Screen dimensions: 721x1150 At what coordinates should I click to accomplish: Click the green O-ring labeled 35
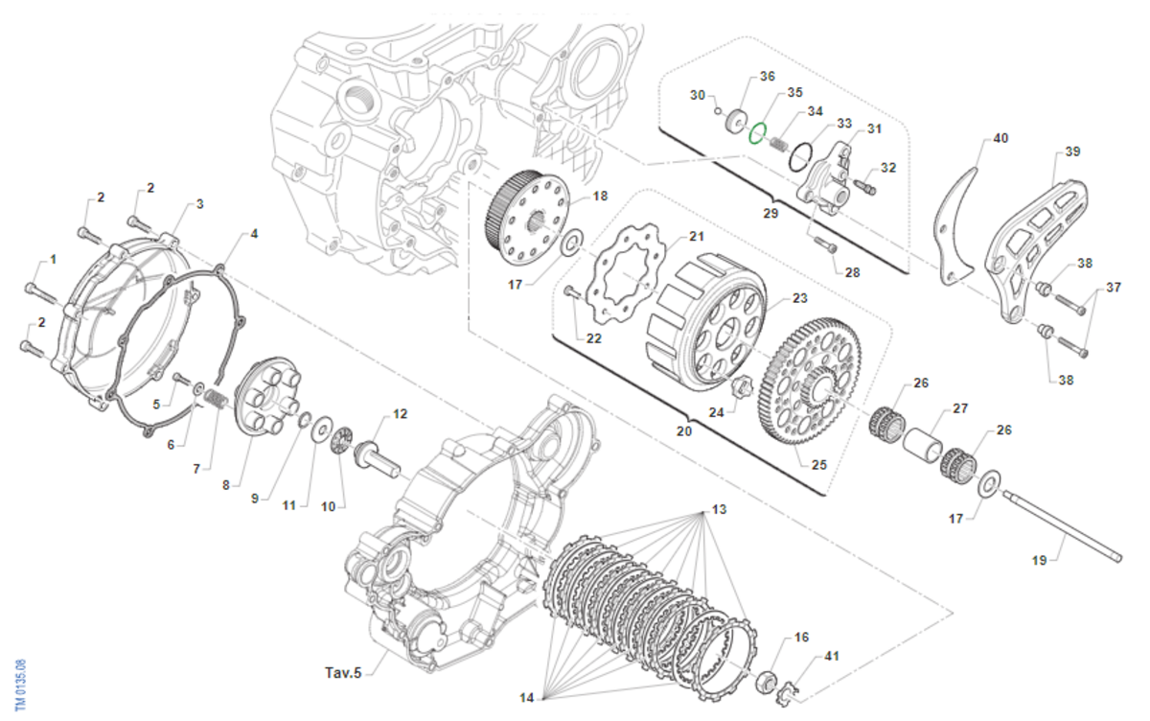(758, 133)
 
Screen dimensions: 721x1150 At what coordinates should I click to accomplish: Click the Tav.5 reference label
(343, 672)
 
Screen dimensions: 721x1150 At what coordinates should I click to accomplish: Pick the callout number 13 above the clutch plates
(719, 509)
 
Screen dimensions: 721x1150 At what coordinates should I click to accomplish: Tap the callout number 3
(200, 204)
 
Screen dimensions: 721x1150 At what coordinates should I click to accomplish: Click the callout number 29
(770, 214)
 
